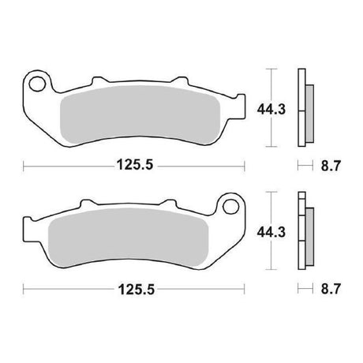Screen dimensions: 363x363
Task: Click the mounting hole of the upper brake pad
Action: pyautogui.click(x=37, y=84)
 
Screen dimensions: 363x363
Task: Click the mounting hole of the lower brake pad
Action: pyautogui.click(x=230, y=207)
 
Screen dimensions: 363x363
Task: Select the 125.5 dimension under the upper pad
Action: pyautogui.click(x=135, y=165)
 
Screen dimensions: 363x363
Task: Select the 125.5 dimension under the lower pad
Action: pyautogui.click(x=137, y=290)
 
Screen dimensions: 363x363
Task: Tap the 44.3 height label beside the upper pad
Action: pyautogui.click(x=271, y=110)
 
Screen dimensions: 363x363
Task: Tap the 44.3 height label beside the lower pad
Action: pyautogui.click(x=271, y=232)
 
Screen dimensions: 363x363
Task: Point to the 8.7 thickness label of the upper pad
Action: pyautogui.click(x=331, y=166)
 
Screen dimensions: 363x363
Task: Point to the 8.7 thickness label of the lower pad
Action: pyautogui.click(x=331, y=289)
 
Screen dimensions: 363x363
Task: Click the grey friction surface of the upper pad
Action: pyautogui.click(x=140, y=114)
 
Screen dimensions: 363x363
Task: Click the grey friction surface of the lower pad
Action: pyautogui.click(x=129, y=237)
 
